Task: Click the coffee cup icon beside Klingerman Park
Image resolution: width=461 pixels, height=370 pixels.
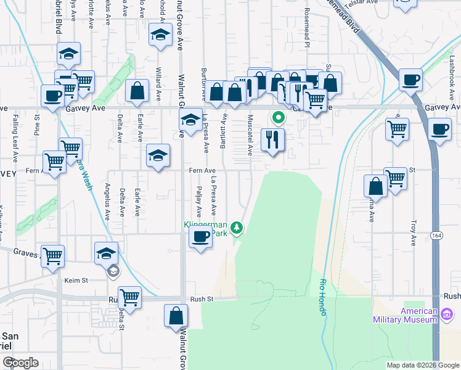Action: (200, 237)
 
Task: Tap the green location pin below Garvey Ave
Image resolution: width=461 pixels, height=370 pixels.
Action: (278, 117)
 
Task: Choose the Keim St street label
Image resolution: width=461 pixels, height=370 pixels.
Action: (76, 281)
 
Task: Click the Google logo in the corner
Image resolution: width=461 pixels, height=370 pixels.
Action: (20, 363)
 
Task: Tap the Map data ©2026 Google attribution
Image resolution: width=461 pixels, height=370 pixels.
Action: (423, 365)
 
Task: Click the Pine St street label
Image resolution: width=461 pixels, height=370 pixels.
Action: (37, 121)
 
